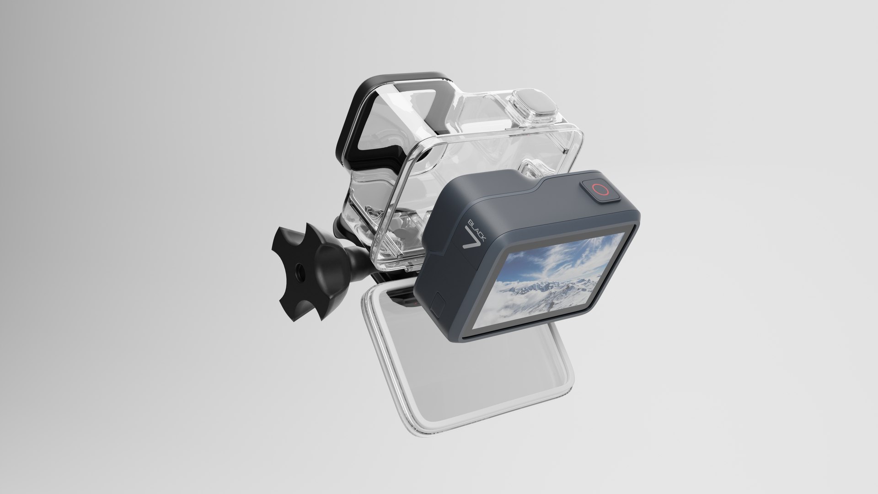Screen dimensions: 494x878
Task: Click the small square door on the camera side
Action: click(x=438, y=305)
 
